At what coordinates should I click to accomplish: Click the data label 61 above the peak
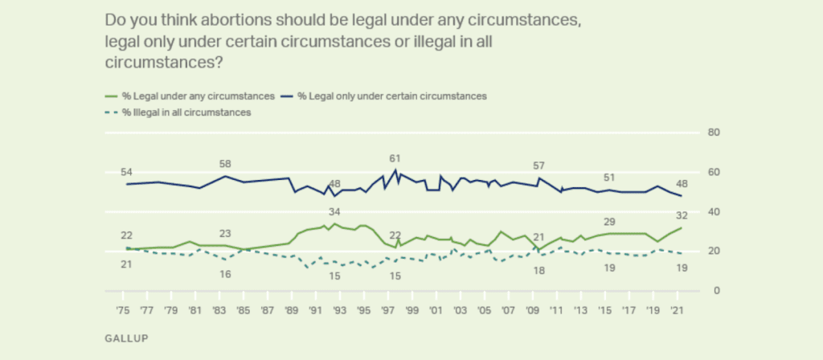(394, 158)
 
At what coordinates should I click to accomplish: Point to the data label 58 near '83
(225, 165)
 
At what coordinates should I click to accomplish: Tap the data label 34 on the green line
(334, 212)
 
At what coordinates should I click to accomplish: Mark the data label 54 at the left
(127, 174)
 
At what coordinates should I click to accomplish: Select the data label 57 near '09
(539, 166)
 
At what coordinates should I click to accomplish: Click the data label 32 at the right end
(682, 215)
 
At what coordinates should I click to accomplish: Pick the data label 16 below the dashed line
(225, 274)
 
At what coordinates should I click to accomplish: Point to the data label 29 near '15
(609, 221)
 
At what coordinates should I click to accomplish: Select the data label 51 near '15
(609, 178)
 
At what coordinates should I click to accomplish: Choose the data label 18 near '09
(539, 271)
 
